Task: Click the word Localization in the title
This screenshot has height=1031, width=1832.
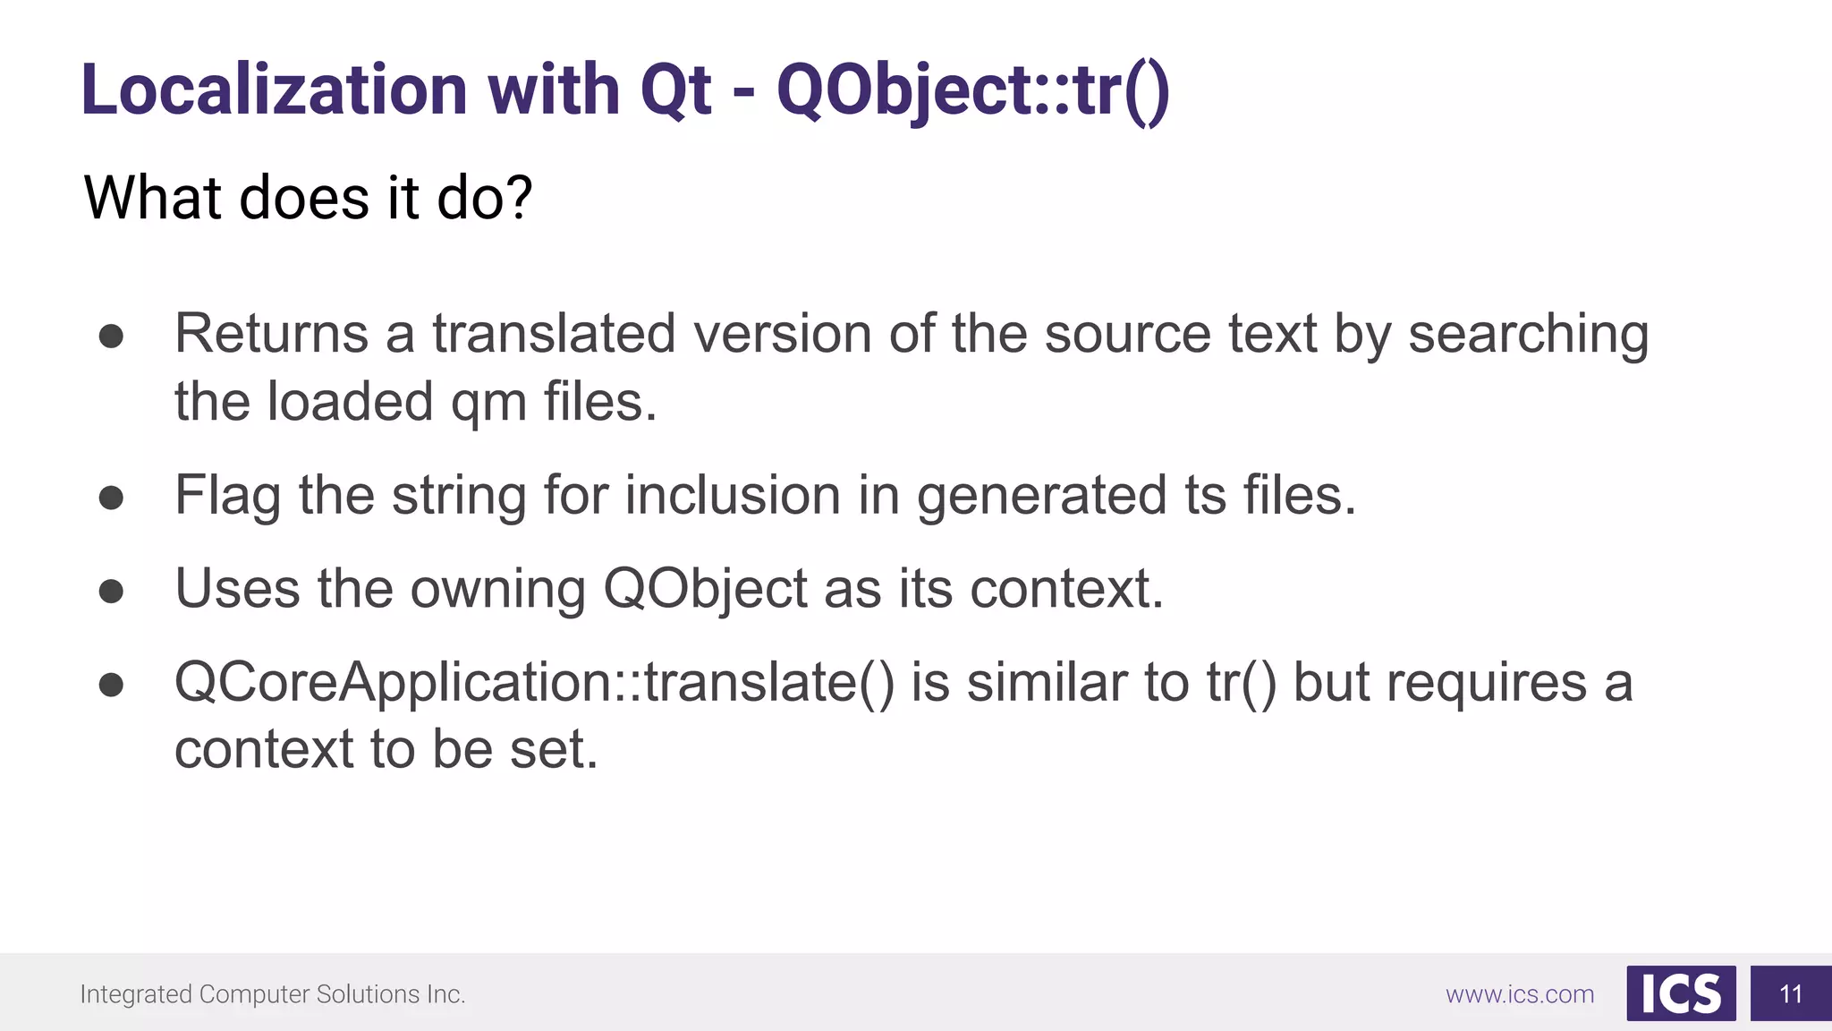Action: pos(274,90)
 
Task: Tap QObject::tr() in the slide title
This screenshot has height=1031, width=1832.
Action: pos(972,90)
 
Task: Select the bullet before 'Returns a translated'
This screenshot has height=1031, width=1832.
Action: pos(111,337)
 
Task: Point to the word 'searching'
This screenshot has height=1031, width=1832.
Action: pos(1528,335)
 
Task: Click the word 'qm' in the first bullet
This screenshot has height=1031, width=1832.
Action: pos(488,403)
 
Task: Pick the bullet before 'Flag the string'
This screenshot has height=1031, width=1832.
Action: pos(111,498)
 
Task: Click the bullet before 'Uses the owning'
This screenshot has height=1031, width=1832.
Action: pos(111,592)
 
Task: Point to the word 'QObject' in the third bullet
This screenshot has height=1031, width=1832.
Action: pos(705,590)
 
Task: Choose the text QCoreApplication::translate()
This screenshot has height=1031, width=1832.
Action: pos(534,683)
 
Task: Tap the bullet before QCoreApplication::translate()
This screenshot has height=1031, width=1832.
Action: pos(111,686)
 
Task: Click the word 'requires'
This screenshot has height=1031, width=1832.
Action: pos(1486,684)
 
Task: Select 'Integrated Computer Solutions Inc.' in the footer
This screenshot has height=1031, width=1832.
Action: pos(273,994)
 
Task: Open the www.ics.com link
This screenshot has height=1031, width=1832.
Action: pos(1519,994)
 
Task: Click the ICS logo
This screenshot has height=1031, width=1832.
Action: pos(1680,993)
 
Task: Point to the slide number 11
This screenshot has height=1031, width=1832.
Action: pos(1790,994)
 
